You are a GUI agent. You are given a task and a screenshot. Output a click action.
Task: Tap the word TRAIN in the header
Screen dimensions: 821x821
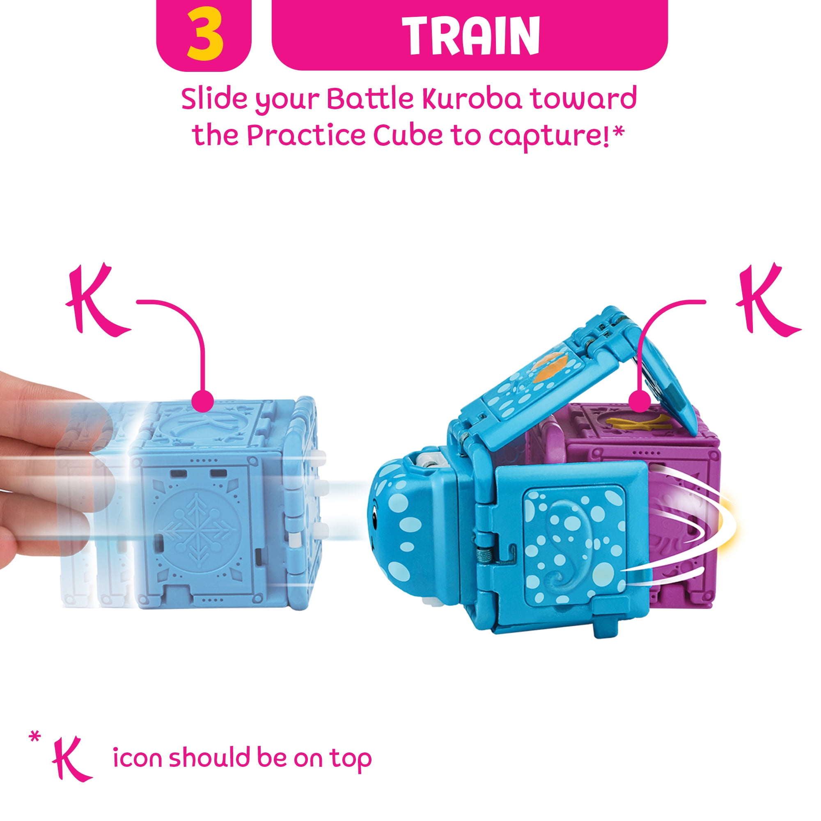471,35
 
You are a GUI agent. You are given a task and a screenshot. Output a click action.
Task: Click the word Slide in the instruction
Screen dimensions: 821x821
214,99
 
